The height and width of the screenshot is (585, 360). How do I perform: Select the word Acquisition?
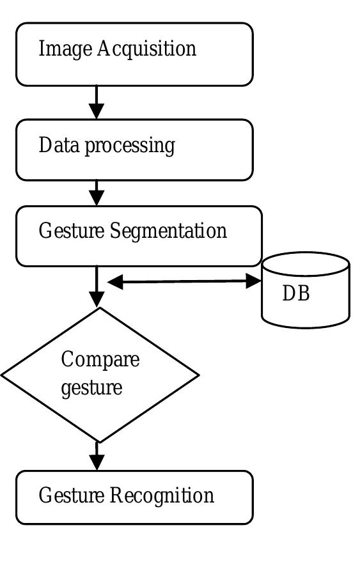pos(146,49)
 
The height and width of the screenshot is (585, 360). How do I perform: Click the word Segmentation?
pos(169,230)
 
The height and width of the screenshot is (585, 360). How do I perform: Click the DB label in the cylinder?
pos(295,293)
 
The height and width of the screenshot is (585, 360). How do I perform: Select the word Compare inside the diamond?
pos(100,359)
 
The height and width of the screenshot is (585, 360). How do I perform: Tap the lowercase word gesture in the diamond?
pos(91,388)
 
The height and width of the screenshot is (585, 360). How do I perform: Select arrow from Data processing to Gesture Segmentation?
pos(97,193)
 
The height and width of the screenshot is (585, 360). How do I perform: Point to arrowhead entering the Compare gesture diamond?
pos(97,299)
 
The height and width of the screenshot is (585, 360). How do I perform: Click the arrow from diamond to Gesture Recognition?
pos(97,456)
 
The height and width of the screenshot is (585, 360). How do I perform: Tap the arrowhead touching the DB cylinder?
pos(253,281)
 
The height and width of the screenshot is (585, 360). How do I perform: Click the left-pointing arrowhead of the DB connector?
pos(115,282)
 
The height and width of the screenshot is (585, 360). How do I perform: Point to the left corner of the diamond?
pos(3,375)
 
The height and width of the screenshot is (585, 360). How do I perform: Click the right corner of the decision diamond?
pos(198,375)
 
